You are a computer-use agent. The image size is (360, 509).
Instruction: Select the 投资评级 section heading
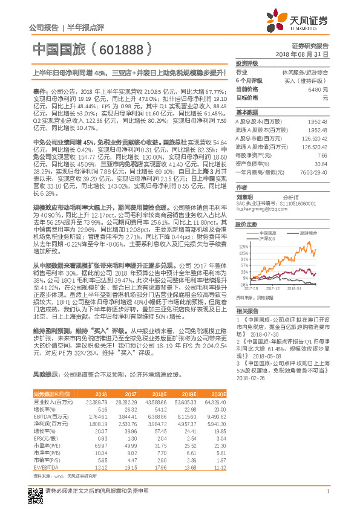[x=246, y=63]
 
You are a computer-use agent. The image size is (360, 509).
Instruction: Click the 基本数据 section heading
[x=246, y=112]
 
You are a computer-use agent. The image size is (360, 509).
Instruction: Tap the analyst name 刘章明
[x=244, y=196]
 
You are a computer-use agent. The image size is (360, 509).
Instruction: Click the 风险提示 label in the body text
[x=47, y=374]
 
